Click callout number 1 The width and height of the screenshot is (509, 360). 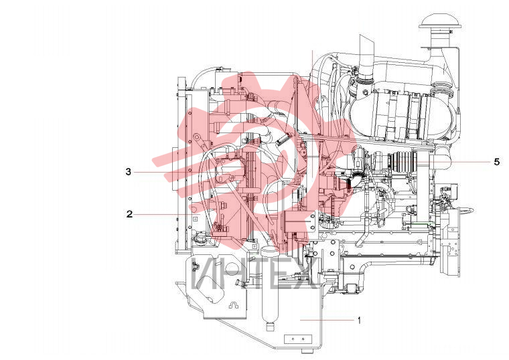tap(359, 321)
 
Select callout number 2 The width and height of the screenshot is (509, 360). tap(129, 214)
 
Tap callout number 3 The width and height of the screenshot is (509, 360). tap(129, 171)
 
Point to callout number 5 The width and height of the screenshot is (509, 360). tap(497, 161)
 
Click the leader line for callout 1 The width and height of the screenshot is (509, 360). tap(327, 320)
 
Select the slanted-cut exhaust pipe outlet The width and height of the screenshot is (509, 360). tap(367, 52)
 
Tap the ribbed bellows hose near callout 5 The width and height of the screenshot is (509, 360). tap(402, 161)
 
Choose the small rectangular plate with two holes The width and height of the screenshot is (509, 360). tap(297, 339)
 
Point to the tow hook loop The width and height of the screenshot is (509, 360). tap(467, 210)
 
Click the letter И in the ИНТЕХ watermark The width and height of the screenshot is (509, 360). tap(206, 275)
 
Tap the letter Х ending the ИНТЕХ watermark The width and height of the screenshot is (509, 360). tap(305, 275)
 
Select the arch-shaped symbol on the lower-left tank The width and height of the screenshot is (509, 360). tap(233, 304)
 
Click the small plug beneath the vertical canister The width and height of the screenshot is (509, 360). tap(270, 327)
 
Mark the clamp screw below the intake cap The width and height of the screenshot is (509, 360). tap(450, 31)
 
